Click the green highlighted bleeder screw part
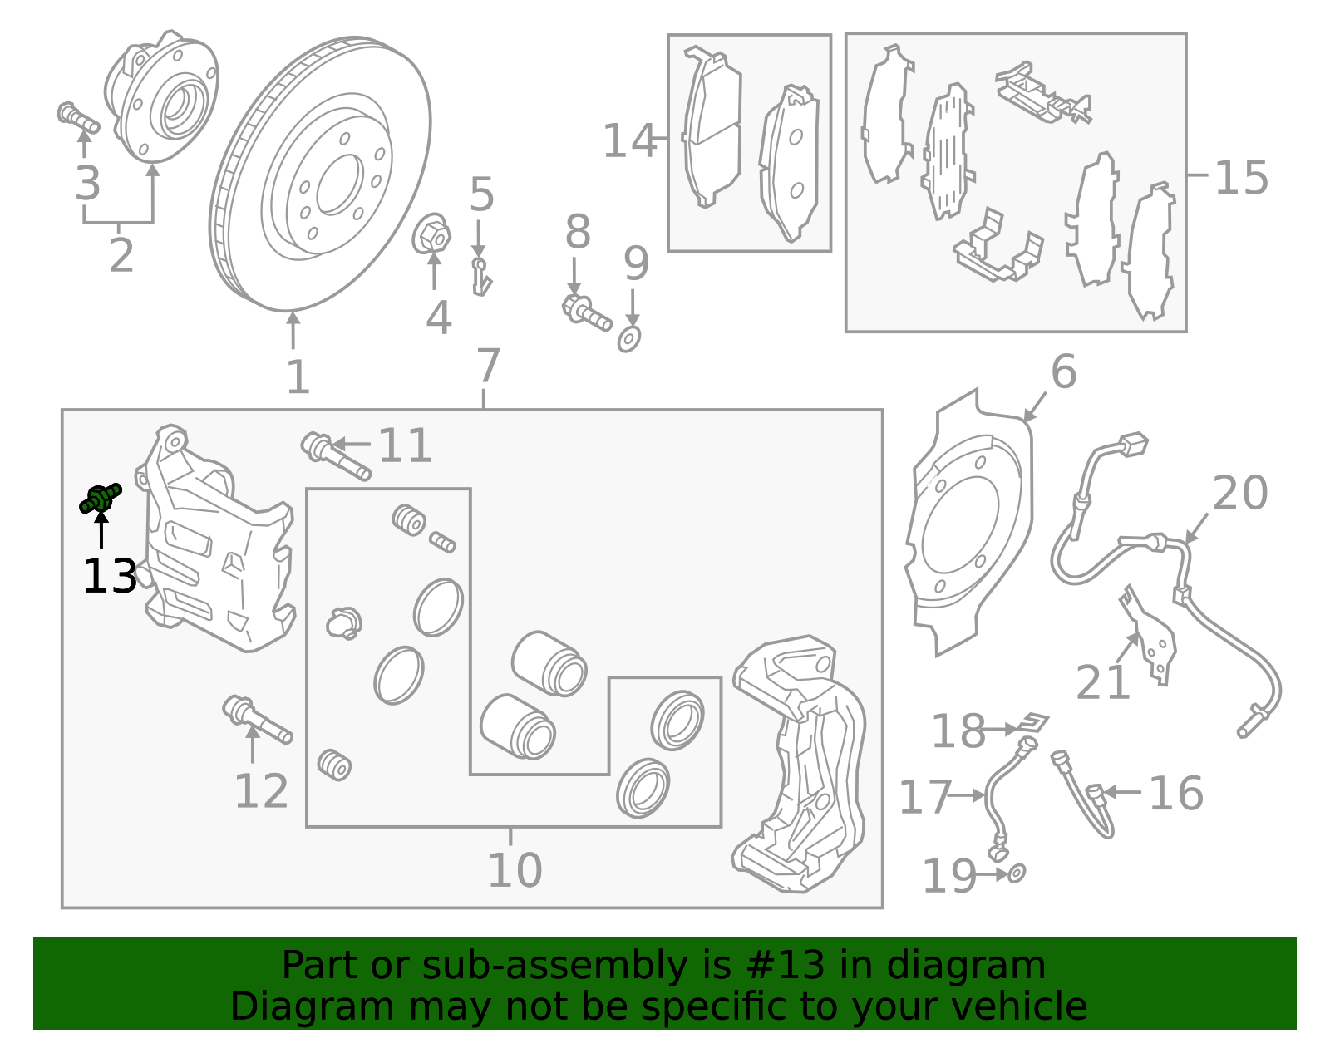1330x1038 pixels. (100, 498)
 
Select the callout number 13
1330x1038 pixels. (109, 577)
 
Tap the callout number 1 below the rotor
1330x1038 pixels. (298, 378)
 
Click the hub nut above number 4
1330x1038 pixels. (431, 235)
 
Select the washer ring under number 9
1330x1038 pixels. (629, 339)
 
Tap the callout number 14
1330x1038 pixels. (629, 141)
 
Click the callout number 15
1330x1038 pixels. (1241, 178)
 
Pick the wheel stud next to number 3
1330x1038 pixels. (77, 117)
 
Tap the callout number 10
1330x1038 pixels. (515, 870)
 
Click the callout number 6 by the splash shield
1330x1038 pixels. (1063, 371)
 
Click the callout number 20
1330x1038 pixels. (1239, 494)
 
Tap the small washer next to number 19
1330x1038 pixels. (1017, 873)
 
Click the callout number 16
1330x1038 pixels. (1175, 793)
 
